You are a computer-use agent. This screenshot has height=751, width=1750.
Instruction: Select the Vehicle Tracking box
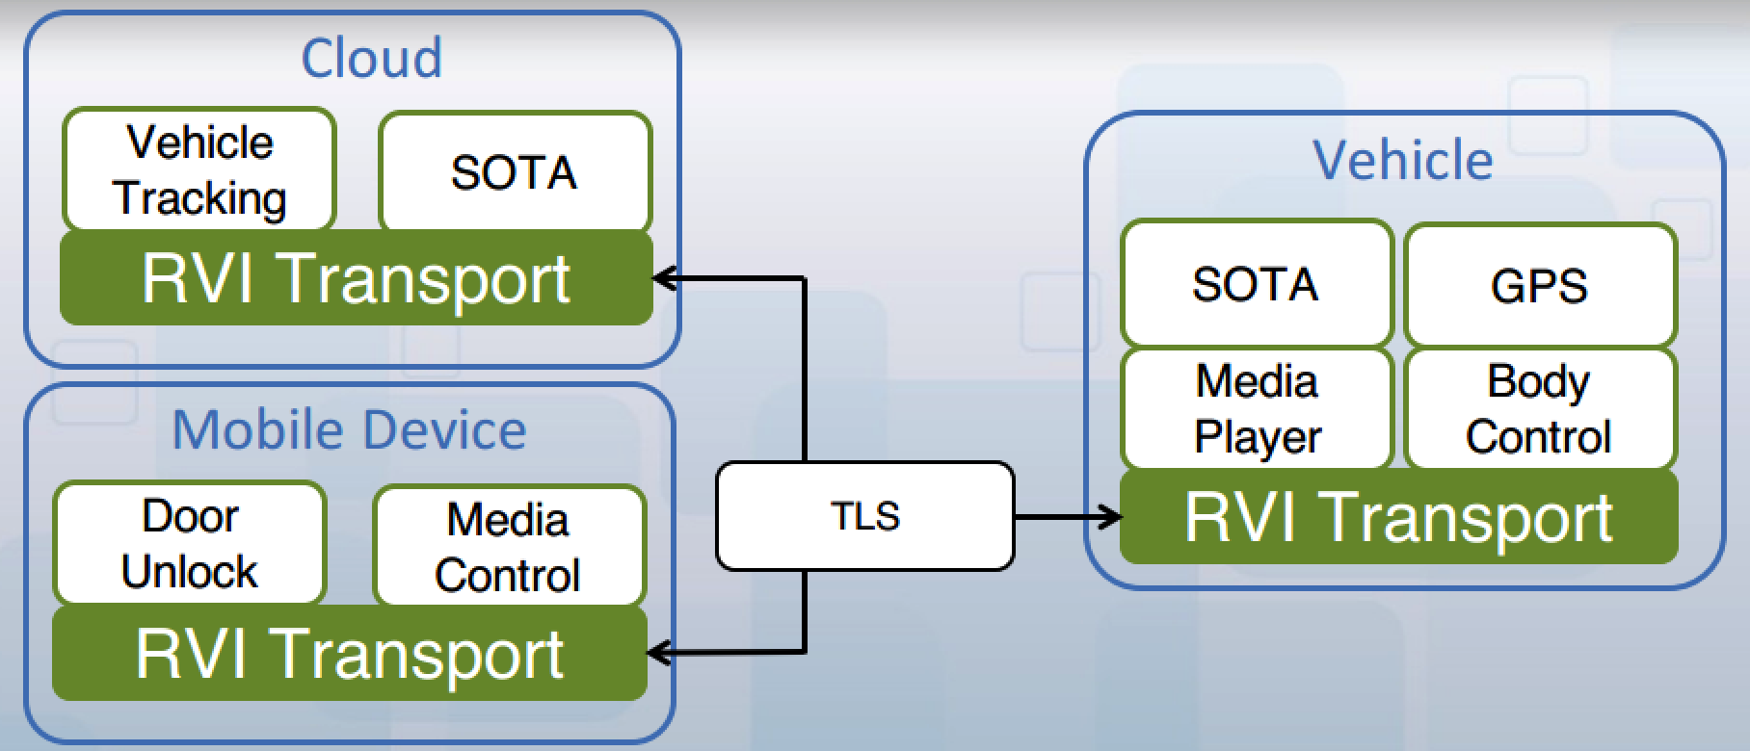click(199, 170)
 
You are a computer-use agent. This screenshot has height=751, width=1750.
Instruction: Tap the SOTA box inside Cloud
click(515, 172)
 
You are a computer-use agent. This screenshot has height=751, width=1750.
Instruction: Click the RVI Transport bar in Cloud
click(357, 278)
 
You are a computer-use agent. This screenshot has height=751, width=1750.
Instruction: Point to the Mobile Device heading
click(349, 429)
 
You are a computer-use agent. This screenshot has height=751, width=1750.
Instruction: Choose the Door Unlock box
click(190, 544)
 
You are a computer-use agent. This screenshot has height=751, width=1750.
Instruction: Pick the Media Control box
click(509, 546)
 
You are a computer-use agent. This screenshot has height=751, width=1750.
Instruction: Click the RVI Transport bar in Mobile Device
click(350, 654)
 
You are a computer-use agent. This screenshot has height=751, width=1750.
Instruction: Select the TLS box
click(864, 516)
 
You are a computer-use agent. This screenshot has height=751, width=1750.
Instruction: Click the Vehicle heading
click(1403, 159)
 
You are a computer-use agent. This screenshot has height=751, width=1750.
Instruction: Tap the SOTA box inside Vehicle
click(1256, 284)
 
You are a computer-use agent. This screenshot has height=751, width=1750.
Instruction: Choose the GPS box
click(1540, 286)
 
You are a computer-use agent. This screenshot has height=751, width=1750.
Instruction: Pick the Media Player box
click(1256, 409)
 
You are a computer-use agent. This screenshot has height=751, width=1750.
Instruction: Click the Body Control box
click(1540, 409)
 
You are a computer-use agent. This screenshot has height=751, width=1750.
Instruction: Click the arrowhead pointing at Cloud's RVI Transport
click(664, 279)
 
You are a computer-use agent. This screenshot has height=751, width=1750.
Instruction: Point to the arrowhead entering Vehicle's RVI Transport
click(1109, 517)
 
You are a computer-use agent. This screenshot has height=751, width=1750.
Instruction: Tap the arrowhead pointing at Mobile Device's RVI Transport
click(659, 654)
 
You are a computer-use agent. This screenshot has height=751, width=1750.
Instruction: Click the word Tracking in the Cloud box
click(200, 198)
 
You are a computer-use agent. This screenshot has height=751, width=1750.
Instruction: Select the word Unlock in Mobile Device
click(190, 572)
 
